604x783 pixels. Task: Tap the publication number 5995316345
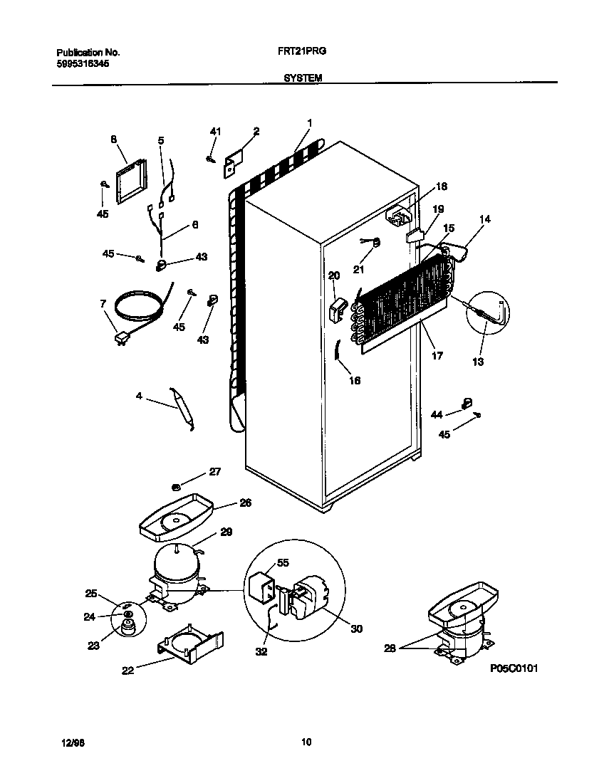(x=83, y=63)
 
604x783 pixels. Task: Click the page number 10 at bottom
(x=306, y=742)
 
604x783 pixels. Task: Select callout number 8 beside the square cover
(x=113, y=140)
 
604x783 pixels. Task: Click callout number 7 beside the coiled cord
(x=105, y=304)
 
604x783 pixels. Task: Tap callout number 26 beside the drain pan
(x=245, y=503)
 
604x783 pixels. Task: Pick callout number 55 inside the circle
(x=283, y=563)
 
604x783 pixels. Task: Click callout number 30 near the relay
(x=356, y=628)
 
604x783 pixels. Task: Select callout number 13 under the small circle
(x=477, y=362)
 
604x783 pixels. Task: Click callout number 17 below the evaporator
(x=437, y=355)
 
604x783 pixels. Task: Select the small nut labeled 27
(x=176, y=486)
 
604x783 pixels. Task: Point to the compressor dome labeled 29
(x=175, y=559)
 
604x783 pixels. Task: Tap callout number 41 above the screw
(x=216, y=132)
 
